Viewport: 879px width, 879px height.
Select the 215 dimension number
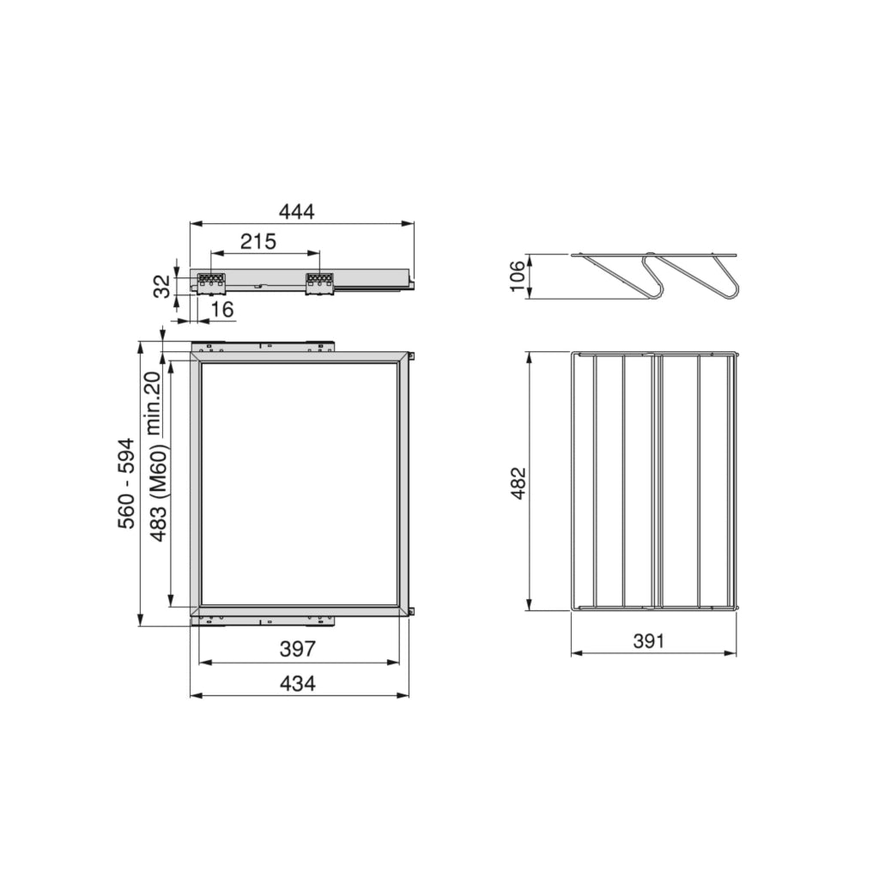(258, 242)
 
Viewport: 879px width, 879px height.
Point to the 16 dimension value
(221, 310)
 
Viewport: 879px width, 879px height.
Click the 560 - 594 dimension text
(127, 483)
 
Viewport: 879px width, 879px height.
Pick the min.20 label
(153, 403)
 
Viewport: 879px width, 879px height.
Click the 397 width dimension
(298, 650)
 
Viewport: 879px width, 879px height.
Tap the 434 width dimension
(298, 683)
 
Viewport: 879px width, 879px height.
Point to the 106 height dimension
(518, 276)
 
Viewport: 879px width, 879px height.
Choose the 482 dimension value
(518, 484)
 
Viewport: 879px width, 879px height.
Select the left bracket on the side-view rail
(210, 282)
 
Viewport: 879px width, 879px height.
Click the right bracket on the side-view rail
(319, 283)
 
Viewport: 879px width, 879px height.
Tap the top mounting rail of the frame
(263, 347)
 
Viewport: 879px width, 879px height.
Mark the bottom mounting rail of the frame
(263, 619)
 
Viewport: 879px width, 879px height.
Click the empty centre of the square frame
(299, 483)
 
